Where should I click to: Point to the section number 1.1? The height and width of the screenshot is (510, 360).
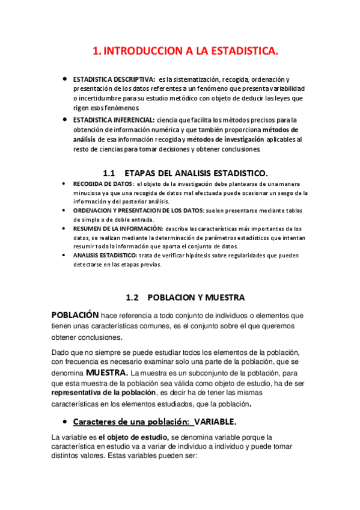tap(109, 173)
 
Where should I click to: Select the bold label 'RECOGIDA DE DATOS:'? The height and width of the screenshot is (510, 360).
tap(103, 183)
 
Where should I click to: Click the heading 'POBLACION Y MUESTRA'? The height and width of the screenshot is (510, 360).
tap(196, 297)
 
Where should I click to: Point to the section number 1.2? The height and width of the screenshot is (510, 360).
tap(132, 297)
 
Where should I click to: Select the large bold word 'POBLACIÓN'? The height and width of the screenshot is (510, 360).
tap(75, 315)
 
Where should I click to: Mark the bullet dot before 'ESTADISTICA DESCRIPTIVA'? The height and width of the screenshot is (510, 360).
tap(65, 78)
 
